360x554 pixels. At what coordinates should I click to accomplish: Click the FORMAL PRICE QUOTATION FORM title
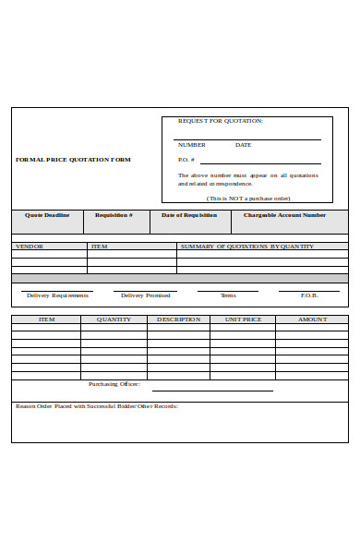click(x=73, y=160)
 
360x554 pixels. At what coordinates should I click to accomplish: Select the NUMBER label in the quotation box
click(x=191, y=145)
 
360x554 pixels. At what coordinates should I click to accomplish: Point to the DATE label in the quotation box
click(x=243, y=145)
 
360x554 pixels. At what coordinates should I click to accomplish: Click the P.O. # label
click(x=186, y=160)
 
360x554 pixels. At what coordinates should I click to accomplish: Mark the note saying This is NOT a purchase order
click(x=248, y=199)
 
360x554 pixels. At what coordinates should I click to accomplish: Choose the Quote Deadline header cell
click(x=47, y=215)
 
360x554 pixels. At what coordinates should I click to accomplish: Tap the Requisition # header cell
click(x=114, y=215)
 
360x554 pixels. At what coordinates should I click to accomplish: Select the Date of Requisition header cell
click(x=189, y=215)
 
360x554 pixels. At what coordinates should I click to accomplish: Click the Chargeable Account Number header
click(x=284, y=215)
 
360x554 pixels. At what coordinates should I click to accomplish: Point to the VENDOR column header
click(x=30, y=247)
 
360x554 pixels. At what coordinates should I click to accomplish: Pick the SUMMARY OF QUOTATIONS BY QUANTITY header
click(x=246, y=247)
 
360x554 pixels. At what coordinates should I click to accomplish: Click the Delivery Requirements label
click(x=57, y=295)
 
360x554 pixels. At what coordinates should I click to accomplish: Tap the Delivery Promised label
click(x=145, y=295)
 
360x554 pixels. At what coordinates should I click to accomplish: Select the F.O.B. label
click(x=309, y=295)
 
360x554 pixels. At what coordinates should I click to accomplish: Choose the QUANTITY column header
click(x=114, y=319)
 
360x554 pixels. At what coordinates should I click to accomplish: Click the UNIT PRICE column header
click(x=244, y=319)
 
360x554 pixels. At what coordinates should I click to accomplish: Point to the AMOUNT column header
click(x=312, y=319)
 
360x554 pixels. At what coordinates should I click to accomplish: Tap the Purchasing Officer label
click(x=114, y=384)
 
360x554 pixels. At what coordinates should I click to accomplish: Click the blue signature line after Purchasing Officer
click(x=212, y=390)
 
